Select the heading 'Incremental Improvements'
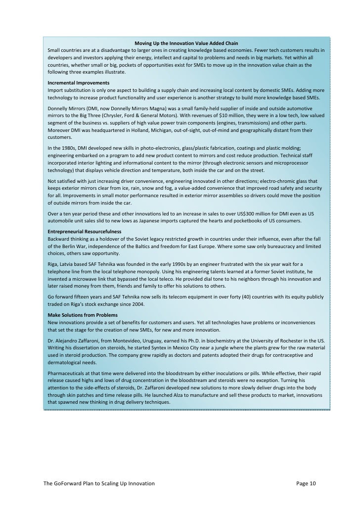click(x=78, y=83)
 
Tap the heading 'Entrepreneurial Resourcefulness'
click(x=84, y=231)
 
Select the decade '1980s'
click(x=68, y=148)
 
